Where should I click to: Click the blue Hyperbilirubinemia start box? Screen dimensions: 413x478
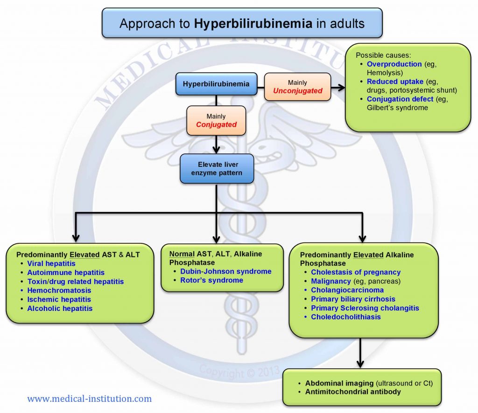[x=216, y=84]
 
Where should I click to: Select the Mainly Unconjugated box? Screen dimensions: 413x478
[x=297, y=87]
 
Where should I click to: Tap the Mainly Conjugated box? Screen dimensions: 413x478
[x=216, y=120]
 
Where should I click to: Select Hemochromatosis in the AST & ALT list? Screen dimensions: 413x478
[x=59, y=290]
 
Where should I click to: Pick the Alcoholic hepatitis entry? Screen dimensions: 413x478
[x=60, y=308]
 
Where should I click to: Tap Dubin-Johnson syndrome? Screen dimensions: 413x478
[x=225, y=271]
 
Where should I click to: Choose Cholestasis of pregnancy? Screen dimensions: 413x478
[x=356, y=272]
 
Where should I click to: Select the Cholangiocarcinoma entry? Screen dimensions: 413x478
[x=347, y=290]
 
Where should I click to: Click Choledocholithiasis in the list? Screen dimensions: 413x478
[x=346, y=317]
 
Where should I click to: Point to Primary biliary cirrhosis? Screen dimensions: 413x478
[x=353, y=299]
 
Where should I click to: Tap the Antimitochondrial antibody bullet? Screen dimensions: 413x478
[x=353, y=392]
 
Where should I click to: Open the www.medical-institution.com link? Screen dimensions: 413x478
[x=89, y=399]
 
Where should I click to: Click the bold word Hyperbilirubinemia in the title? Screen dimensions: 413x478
[x=253, y=23]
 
